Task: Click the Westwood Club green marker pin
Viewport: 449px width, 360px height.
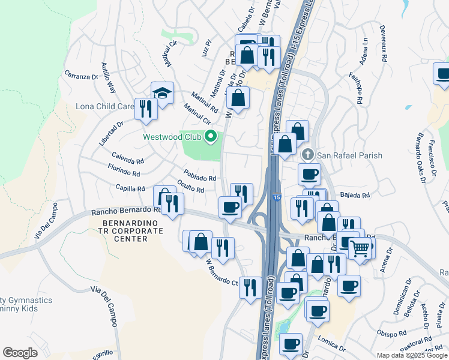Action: (210, 137)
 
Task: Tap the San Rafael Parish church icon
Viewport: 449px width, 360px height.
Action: (308, 155)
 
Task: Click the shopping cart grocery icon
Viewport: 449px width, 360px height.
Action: (360, 247)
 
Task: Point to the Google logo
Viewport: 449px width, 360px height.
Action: (20, 353)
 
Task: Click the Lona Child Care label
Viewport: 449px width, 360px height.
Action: (104, 107)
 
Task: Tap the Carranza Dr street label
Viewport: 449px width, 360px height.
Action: (81, 76)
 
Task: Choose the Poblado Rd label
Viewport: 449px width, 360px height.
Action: (199, 178)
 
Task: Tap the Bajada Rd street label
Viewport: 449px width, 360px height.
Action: (355, 194)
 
